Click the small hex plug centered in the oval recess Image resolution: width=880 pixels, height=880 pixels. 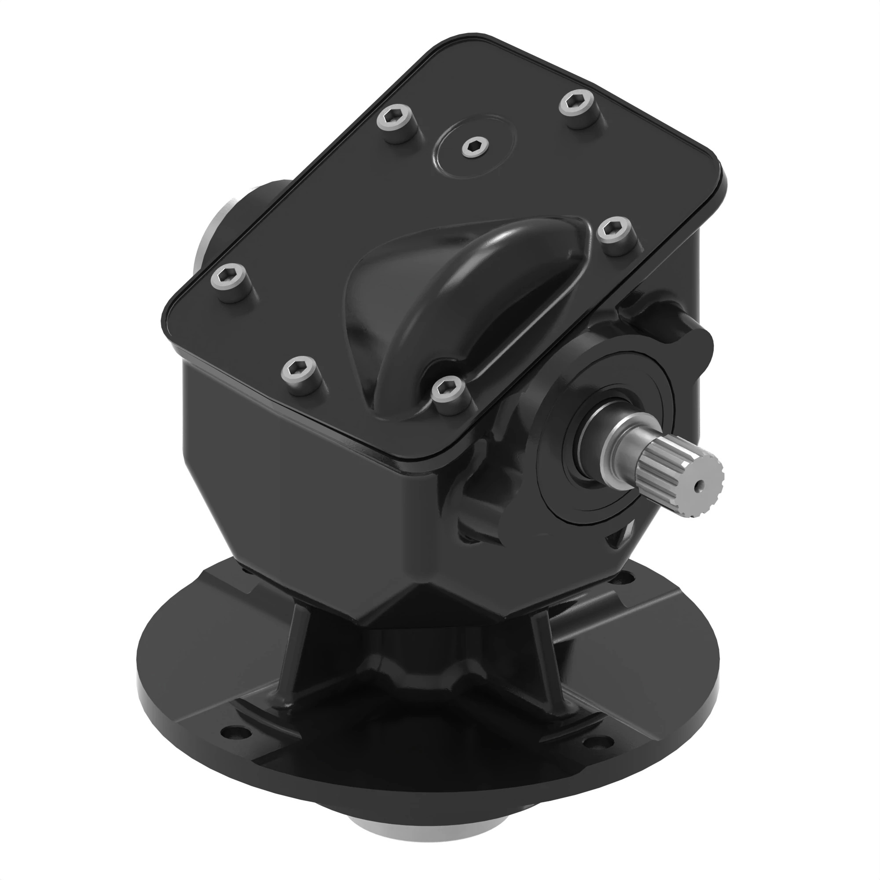475,146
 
